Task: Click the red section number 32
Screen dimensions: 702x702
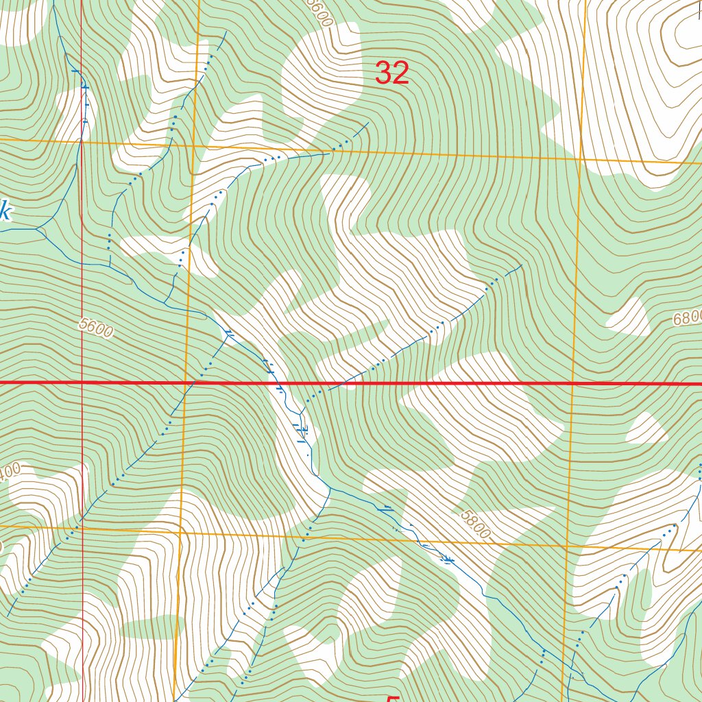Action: tap(392, 73)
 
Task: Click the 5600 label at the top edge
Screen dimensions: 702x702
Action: tap(319, 12)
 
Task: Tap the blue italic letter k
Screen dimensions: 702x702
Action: tap(4, 212)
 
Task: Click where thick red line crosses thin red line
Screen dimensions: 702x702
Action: tap(82, 382)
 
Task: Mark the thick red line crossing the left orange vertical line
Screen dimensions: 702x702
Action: tap(187, 383)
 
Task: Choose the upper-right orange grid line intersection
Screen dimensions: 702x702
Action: tap(581, 158)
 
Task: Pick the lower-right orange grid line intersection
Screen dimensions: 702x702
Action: tap(568, 547)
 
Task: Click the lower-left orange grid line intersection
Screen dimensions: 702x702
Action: tap(180, 531)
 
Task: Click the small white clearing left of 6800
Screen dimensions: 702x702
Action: tap(628, 316)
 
